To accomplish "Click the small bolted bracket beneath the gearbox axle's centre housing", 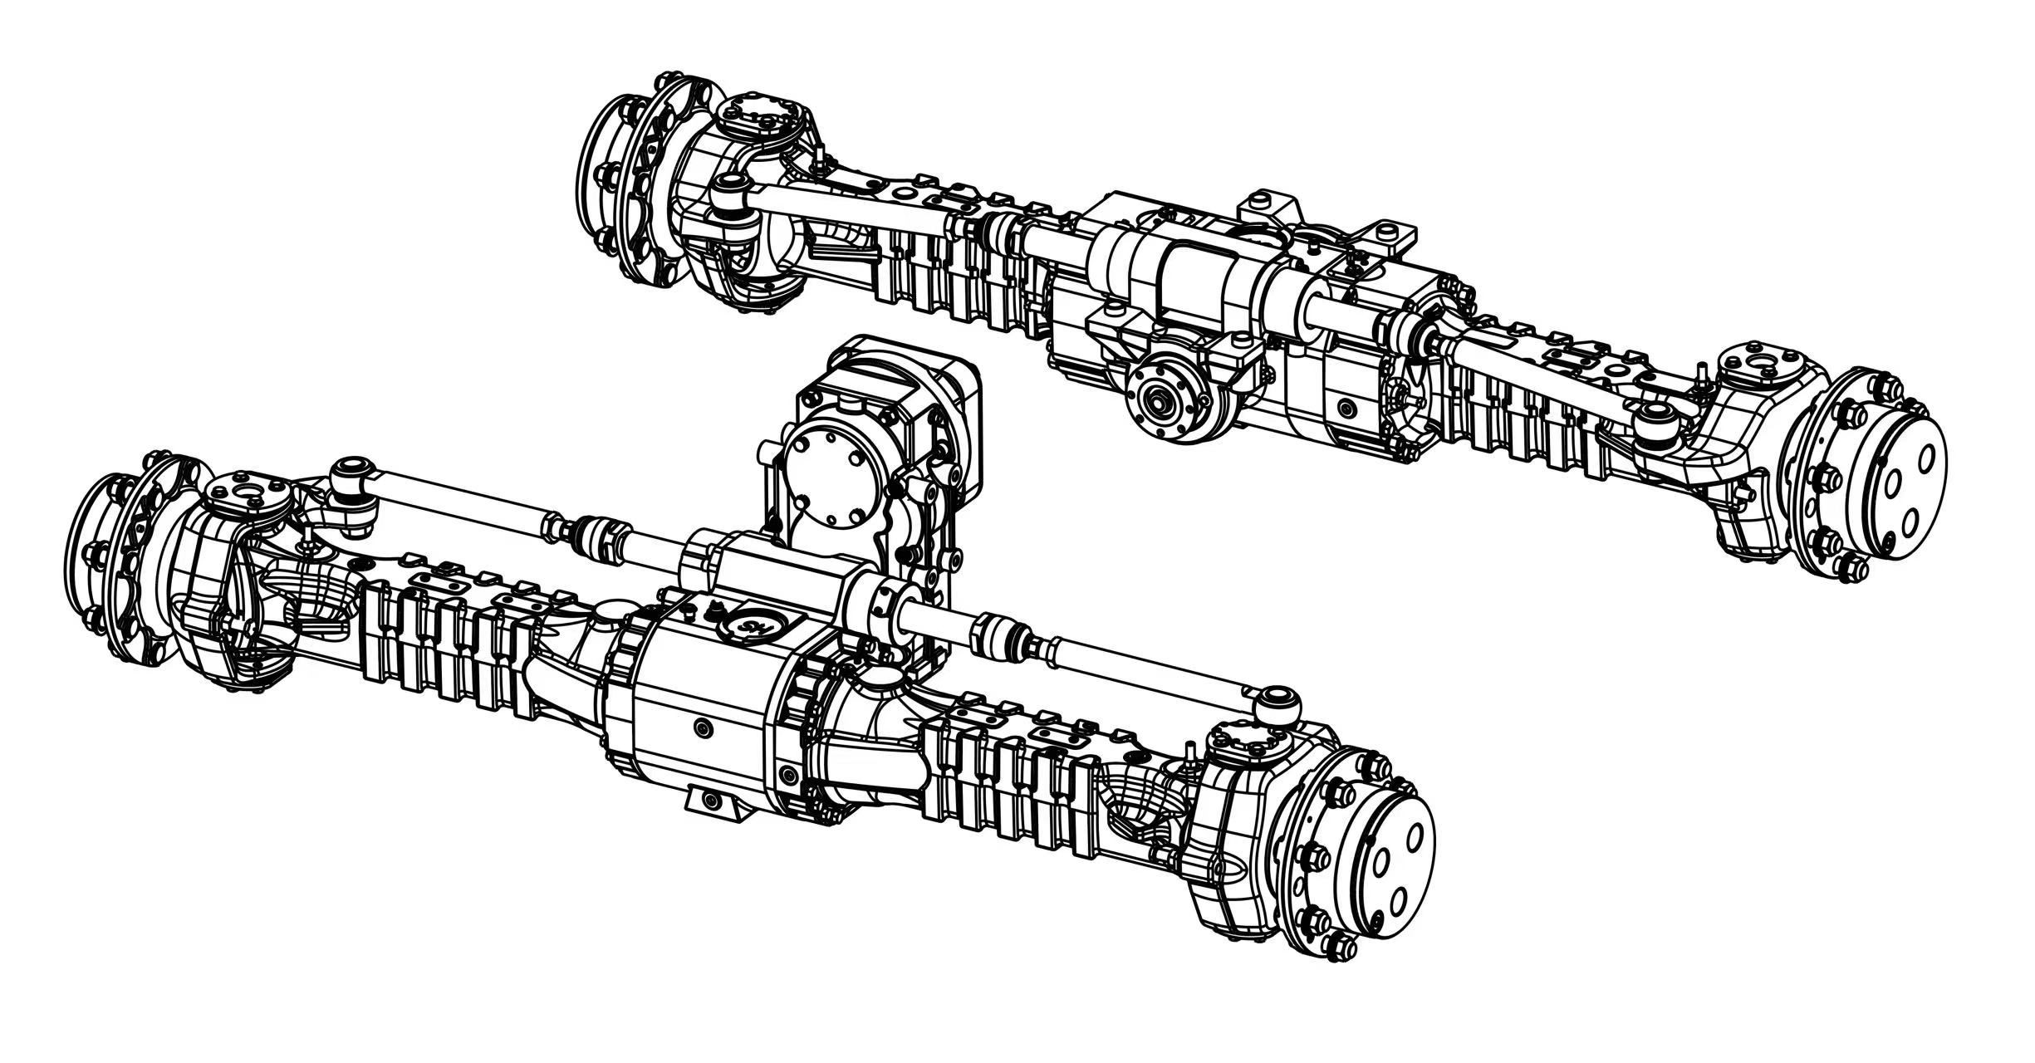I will point(713,801).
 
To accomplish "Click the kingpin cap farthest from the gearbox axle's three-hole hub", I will point(249,494).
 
